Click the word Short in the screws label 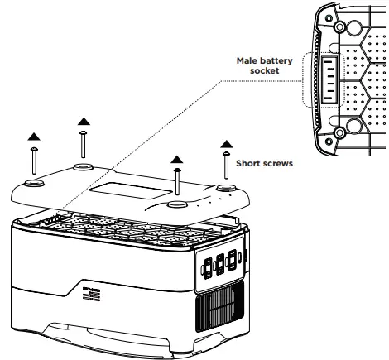250,163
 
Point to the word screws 278,163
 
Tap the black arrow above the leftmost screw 33,136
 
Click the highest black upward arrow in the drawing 84,122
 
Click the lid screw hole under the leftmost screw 35,184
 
